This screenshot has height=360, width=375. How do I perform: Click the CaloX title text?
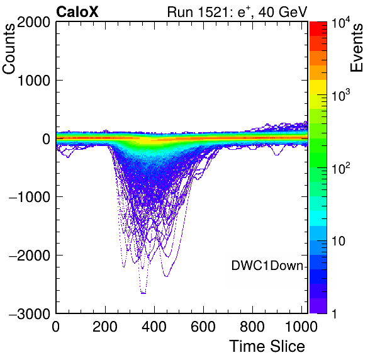tap(77, 11)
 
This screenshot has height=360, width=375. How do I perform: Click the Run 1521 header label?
tap(237, 11)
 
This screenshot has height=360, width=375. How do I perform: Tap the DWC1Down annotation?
tap(267, 266)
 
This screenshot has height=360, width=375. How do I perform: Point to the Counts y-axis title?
tap(9, 49)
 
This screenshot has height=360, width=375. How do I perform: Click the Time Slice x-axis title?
tap(267, 346)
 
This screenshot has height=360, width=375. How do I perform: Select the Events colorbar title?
tap(356, 48)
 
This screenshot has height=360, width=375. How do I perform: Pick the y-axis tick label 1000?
tap(33, 81)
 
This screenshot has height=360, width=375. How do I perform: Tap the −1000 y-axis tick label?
tap(30, 197)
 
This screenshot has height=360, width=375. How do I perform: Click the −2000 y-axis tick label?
tap(30, 256)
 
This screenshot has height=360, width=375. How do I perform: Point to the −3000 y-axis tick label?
tap(30, 313)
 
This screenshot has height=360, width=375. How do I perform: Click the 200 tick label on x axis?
tap(105, 327)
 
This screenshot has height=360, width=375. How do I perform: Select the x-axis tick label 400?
tap(154, 327)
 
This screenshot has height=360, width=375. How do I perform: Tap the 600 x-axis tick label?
tap(203, 327)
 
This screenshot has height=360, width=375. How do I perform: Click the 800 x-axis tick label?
tap(252, 327)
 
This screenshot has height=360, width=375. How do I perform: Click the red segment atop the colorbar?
tap(318, 29)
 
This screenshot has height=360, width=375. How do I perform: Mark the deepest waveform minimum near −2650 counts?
tap(143, 293)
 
